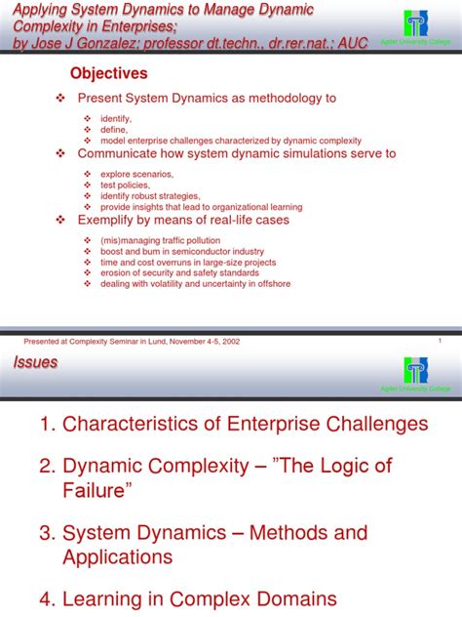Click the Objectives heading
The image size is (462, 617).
[x=108, y=74]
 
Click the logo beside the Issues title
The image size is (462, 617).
[x=417, y=371]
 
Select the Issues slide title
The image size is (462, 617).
[x=36, y=363]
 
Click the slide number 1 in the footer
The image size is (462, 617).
[x=441, y=341]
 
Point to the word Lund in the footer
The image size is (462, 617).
[x=157, y=342]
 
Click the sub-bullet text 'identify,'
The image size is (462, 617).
[x=116, y=117]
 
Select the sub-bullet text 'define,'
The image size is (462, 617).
[x=114, y=128]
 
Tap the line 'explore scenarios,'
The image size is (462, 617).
[x=136, y=174]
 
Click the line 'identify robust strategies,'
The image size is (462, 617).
[x=150, y=196]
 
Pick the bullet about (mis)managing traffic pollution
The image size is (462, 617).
[x=162, y=240]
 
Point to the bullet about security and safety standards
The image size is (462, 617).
[x=180, y=273]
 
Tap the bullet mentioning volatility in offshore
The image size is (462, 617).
[x=195, y=284]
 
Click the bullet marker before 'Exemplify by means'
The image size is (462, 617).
[x=61, y=221]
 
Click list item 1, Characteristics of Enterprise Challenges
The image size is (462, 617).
[x=234, y=424]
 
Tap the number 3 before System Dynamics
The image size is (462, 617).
[x=46, y=533]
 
